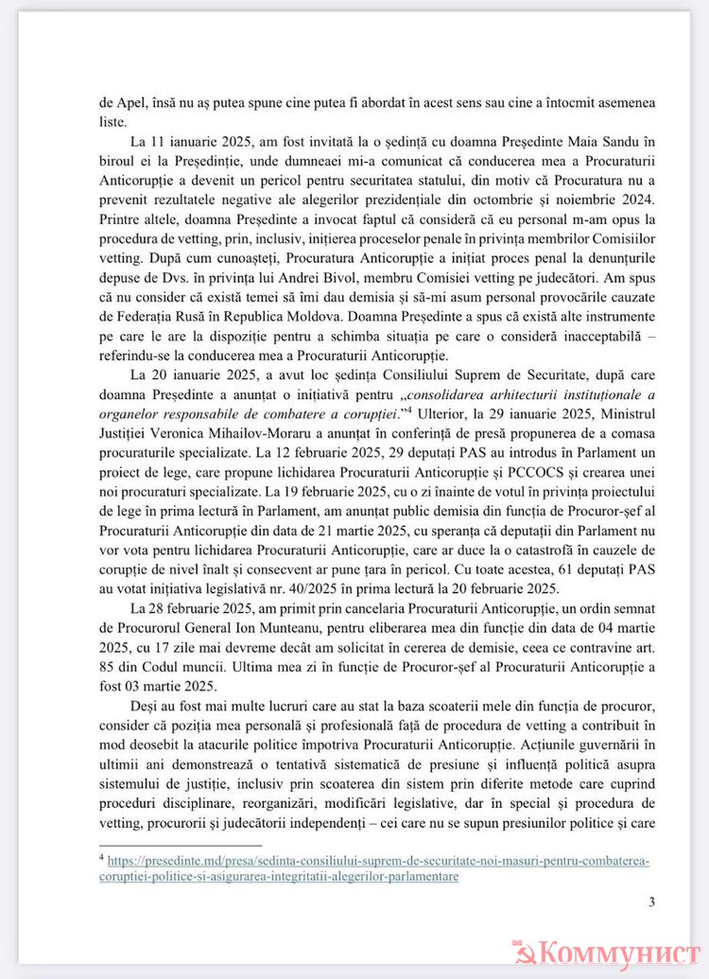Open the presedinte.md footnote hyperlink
pyautogui.click(x=378, y=862)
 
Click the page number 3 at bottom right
pyautogui.click(x=651, y=900)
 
